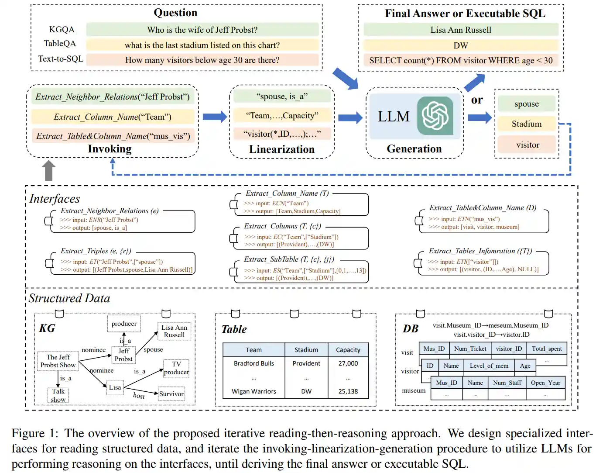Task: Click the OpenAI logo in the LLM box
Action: [435, 116]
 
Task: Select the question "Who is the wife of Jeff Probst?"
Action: [202, 30]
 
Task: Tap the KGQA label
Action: [62, 30]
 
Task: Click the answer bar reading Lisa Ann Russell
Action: [461, 30]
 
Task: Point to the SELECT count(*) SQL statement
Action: [461, 60]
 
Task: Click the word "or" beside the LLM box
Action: [477, 100]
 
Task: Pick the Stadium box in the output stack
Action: [527, 124]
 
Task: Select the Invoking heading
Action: [110, 149]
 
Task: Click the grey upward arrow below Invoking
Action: [48, 170]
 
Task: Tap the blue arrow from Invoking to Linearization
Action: [214, 117]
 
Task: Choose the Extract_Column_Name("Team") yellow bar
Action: [113, 117]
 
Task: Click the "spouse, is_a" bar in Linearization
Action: [282, 97]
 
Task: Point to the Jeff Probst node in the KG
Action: [123, 355]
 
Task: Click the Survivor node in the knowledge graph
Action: [171, 394]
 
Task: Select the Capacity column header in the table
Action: [348, 350]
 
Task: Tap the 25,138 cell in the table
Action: [348, 391]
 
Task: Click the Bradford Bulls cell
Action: [253, 363]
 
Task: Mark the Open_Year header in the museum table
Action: [545, 383]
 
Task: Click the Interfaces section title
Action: [55, 199]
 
